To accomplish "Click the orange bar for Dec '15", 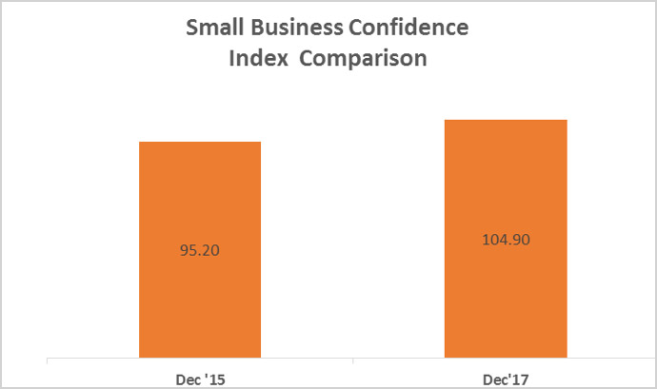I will [200, 285].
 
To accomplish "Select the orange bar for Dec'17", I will [506, 285].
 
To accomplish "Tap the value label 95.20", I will [200, 251].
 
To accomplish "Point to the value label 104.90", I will [506, 239].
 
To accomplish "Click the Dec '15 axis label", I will [200, 378].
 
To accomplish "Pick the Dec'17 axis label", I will [506, 378].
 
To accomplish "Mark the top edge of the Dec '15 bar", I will [200, 143].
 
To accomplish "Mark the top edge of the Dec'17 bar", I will [506, 121].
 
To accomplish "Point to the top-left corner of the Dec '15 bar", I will [141, 143].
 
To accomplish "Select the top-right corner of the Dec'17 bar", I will [567, 121].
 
